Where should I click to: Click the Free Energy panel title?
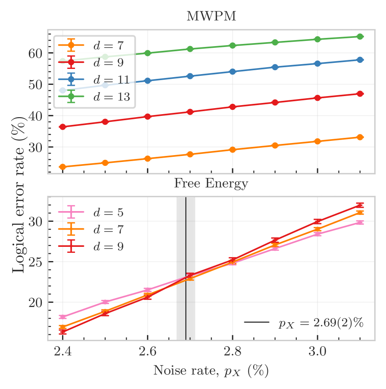211,184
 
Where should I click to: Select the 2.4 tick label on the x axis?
63,352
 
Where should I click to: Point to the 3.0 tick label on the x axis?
318,352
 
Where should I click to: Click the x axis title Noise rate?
211,371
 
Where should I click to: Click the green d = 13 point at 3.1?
360,37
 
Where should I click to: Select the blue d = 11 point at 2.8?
233,72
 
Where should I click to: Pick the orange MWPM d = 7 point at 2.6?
148,159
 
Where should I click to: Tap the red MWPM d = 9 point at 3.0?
318,98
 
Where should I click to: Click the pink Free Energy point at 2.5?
106,302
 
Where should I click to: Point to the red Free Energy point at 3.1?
360,205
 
